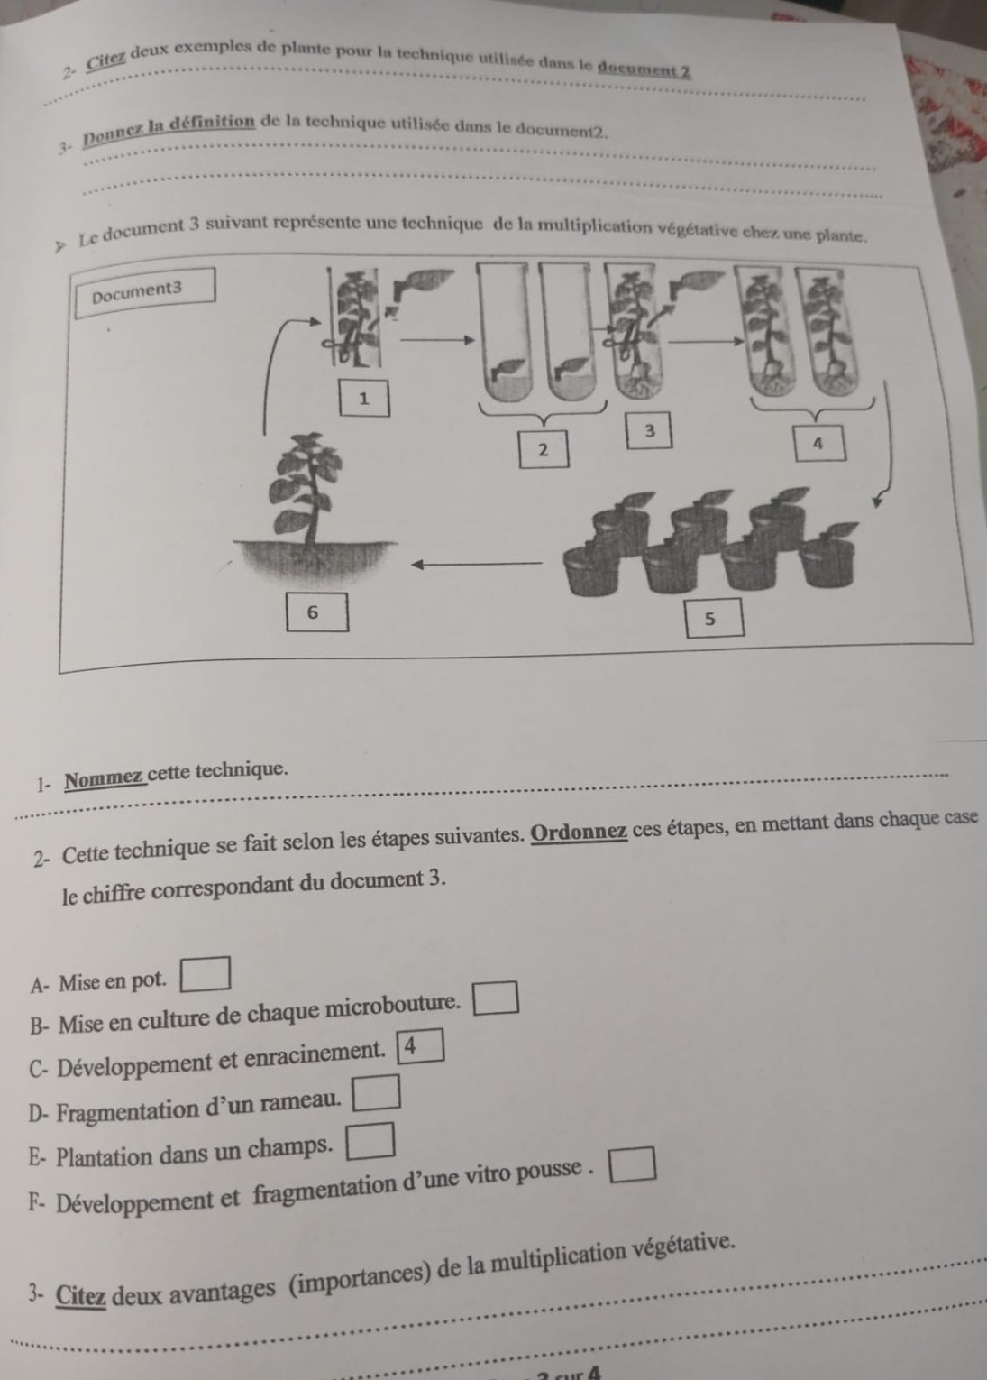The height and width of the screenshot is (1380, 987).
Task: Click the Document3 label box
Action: tap(145, 292)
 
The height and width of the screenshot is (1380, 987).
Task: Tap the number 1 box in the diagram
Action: tap(364, 399)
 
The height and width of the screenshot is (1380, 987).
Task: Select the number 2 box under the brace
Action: tap(543, 450)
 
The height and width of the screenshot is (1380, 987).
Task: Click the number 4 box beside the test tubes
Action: tap(818, 443)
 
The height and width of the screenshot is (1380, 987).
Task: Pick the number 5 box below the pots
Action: tap(714, 618)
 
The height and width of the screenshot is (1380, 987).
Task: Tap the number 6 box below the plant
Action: tap(317, 612)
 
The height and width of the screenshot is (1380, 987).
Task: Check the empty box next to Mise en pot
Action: tap(205, 973)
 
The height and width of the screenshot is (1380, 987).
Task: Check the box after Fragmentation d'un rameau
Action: tap(376, 1093)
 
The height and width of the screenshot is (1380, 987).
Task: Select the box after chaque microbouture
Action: tap(495, 998)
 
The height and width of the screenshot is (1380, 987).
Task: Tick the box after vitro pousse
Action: tap(633, 1164)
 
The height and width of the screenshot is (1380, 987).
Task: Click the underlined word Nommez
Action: tap(105, 779)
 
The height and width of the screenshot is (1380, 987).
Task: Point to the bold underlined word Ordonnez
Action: tap(580, 833)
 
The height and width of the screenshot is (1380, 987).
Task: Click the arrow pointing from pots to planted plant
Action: tap(477, 564)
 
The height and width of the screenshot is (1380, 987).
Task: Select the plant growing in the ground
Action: tap(314, 505)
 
